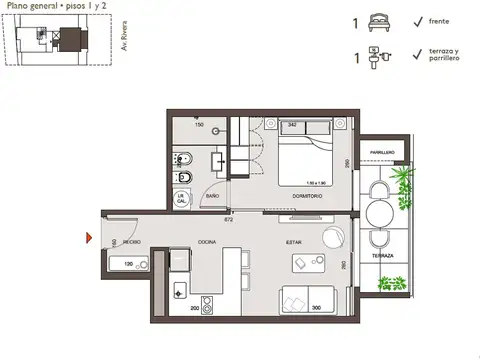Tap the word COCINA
(x=207, y=242)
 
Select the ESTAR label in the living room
(x=295, y=242)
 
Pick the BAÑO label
(x=212, y=196)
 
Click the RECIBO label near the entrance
(x=131, y=242)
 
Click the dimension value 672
(x=228, y=219)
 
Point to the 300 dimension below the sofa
(x=316, y=308)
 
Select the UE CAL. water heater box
(x=182, y=198)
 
